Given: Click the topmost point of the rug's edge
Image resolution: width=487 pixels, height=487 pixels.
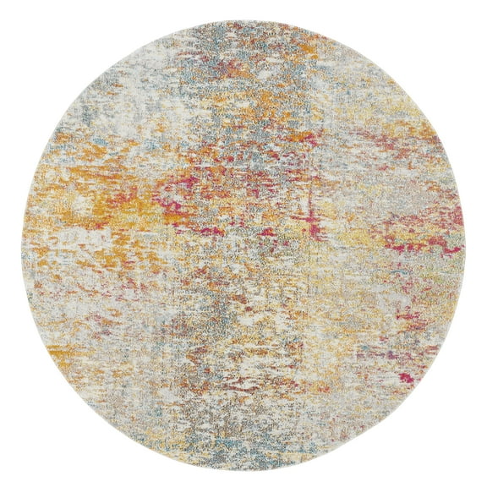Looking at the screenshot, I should pyautogui.click(x=243, y=22).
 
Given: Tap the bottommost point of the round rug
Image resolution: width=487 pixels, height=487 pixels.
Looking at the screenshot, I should pyautogui.click(x=243, y=465).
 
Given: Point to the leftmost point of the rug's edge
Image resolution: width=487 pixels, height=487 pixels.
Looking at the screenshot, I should pyautogui.click(x=22, y=243).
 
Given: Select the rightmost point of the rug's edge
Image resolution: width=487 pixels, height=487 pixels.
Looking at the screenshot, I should pyautogui.click(x=465, y=243).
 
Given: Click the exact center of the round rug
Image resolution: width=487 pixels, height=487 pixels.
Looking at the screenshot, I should pyautogui.click(x=243, y=243).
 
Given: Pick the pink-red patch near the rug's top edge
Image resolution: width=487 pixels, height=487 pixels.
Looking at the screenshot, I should pyautogui.click(x=254, y=63).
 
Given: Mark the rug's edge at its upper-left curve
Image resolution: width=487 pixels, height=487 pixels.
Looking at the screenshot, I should pyautogui.click(x=87, y=87).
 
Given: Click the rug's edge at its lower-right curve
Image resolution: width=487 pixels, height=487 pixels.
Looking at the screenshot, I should pyautogui.click(x=400, y=400).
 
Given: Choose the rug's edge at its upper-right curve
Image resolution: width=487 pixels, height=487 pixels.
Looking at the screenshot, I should pyautogui.click(x=400, y=87).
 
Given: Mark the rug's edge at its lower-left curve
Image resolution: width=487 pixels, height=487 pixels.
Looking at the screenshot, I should pyautogui.click(x=87, y=400).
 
